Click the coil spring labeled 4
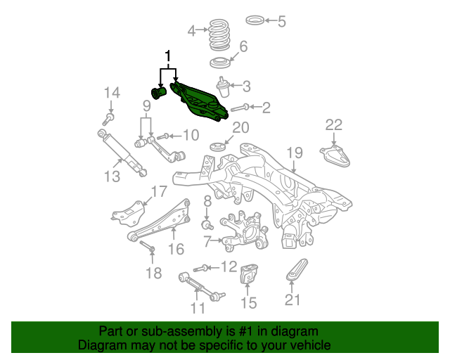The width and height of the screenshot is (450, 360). pyautogui.click(x=219, y=34)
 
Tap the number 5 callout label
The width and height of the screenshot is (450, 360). pyautogui.click(x=281, y=22)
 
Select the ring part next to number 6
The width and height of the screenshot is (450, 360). pyautogui.click(x=220, y=63)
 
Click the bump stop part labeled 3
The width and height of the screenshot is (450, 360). pyautogui.click(x=223, y=87)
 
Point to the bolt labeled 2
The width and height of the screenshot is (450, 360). pyautogui.click(x=240, y=108)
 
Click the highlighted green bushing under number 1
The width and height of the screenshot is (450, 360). pyautogui.click(x=159, y=93)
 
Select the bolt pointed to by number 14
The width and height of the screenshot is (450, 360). pyautogui.click(x=108, y=119)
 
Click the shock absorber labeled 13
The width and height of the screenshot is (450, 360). pyautogui.click(x=122, y=153)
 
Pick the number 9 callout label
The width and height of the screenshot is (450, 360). pyautogui.click(x=147, y=106)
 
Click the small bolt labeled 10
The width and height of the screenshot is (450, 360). pyautogui.click(x=162, y=136)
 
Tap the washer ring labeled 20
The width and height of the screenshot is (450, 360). pyautogui.click(x=218, y=147)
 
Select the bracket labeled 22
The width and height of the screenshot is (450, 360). pyautogui.click(x=335, y=155)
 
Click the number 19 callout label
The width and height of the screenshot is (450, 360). pyautogui.click(x=295, y=153)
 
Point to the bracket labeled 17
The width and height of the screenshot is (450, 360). pyautogui.click(x=129, y=213)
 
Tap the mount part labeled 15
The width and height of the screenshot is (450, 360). pyautogui.click(x=248, y=274)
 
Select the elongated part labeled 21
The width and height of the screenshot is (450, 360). pyautogui.click(x=297, y=269)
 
